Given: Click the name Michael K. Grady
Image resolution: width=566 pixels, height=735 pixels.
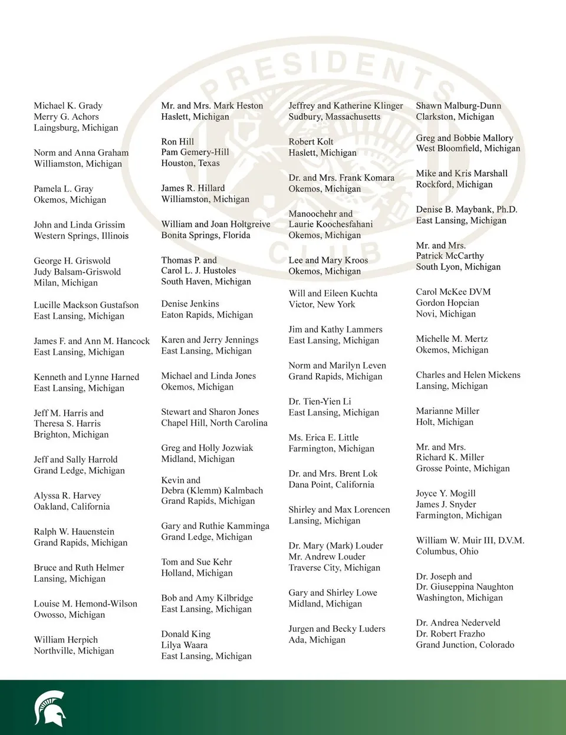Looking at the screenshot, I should coord(68,106).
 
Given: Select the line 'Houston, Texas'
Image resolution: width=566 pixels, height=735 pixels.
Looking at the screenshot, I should coord(190,163).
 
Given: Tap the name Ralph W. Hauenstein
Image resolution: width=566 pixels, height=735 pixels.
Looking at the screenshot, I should coord(74,532).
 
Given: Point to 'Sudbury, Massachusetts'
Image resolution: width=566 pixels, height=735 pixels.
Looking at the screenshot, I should coord(334,117).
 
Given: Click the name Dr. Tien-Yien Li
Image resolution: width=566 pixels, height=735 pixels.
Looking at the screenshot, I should coord(320,401).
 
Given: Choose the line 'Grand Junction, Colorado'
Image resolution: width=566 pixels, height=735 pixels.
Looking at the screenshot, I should coord(465,645).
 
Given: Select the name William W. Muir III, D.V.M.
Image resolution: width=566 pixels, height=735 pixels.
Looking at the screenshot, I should coord(470,540).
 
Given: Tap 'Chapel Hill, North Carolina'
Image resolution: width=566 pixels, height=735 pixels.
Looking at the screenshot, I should coord(214,423).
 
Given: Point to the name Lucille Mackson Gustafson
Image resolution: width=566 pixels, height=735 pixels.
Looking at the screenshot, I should coord(86,305).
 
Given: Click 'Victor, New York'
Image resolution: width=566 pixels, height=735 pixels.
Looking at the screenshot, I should coord(321,304).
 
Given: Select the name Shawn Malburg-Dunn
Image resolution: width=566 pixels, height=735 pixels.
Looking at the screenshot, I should coord(458,106).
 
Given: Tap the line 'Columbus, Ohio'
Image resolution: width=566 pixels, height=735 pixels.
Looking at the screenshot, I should coord(447,552).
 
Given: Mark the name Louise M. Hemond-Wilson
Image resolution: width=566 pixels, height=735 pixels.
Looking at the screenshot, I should coord(85,604).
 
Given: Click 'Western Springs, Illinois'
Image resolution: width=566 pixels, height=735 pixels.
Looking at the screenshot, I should coord(81,236).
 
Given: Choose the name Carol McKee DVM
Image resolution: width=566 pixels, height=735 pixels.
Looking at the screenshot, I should coord(453,292).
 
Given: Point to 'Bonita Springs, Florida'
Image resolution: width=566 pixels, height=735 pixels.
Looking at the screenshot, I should coord(205,235).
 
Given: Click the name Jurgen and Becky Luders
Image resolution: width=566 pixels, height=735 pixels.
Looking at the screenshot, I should coord(337,629).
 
